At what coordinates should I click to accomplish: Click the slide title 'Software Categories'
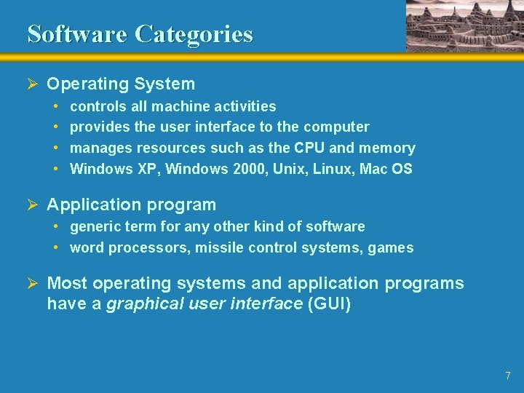(140, 34)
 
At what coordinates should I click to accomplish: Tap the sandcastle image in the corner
(464, 25)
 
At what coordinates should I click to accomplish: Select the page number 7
(507, 376)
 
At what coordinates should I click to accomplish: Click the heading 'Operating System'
(121, 84)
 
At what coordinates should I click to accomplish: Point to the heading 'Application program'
(131, 205)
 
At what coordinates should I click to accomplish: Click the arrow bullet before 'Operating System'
(32, 84)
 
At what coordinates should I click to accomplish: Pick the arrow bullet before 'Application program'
(32, 205)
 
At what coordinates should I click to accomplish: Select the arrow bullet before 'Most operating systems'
(32, 283)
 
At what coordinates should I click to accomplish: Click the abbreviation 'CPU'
(309, 148)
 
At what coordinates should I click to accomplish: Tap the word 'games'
(390, 248)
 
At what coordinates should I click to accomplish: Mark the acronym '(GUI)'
(330, 303)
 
